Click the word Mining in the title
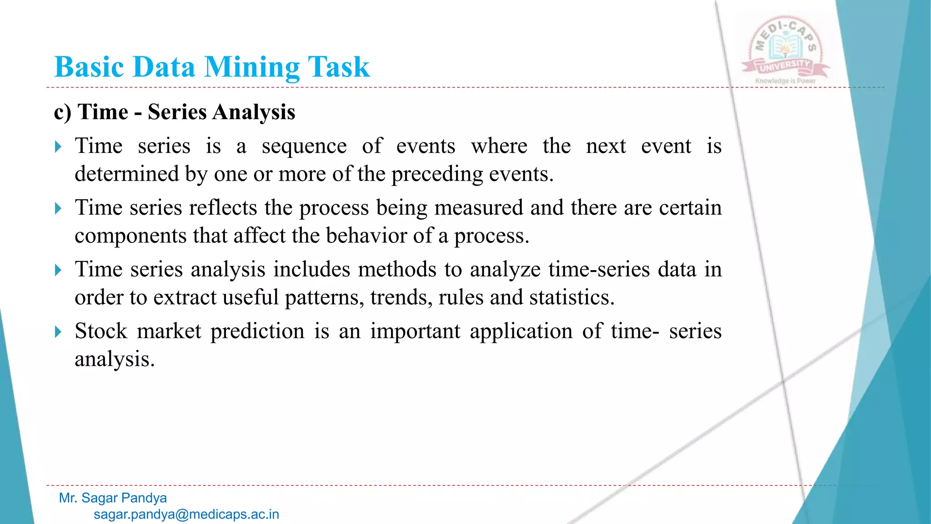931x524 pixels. pyautogui.click(x=252, y=67)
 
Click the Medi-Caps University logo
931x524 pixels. pyautogui.click(x=785, y=50)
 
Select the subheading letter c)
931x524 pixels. pyautogui.click(x=63, y=112)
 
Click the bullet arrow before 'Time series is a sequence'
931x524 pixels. pyautogui.click(x=58, y=147)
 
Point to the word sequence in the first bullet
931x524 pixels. pyautogui.click(x=304, y=146)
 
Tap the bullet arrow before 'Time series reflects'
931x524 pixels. pyautogui.click(x=58, y=209)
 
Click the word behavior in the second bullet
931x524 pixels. pyautogui.click(x=366, y=236)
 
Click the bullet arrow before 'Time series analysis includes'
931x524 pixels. pyautogui.click(x=58, y=270)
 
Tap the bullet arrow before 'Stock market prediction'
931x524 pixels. pyautogui.click(x=58, y=332)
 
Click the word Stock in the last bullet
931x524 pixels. pyautogui.click(x=101, y=331)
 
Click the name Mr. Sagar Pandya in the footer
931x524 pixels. pyautogui.click(x=113, y=498)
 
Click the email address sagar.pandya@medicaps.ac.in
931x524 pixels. pyautogui.click(x=186, y=514)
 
